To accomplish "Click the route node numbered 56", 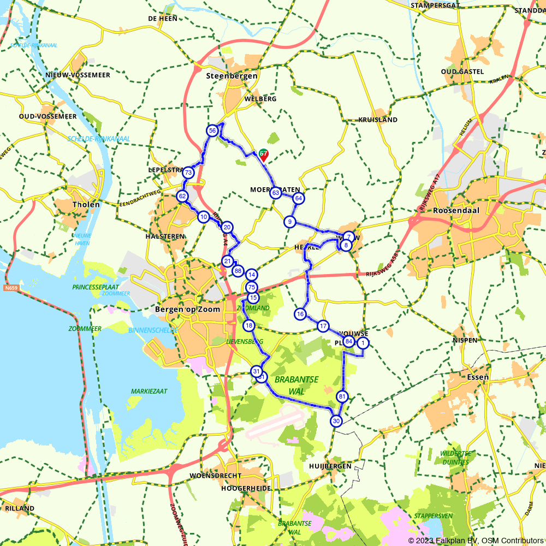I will [x=212, y=130].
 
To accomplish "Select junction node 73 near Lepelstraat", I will [x=188, y=173].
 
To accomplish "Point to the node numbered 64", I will [x=298, y=198].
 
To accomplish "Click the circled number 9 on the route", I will [x=289, y=222].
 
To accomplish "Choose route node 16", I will [x=300, y=314].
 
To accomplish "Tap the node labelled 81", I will [x=342, y=396].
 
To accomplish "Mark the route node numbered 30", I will [x=336, y=421].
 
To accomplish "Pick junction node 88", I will [x=238, y=270].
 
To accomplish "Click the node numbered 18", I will [x=249, y=326].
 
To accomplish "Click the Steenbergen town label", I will [x=232, y=76].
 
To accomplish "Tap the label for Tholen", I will [x=86, y=205].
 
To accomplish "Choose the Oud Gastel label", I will [x=462, y=72].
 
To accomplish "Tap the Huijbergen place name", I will [x=330, y=466].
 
